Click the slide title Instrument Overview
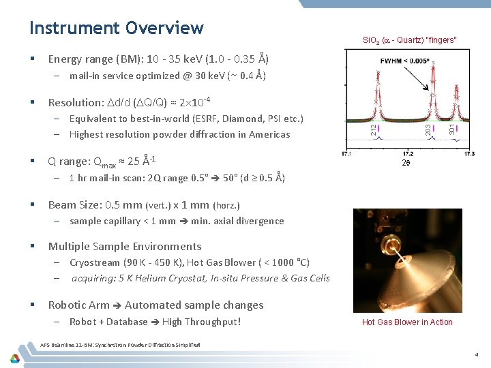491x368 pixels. coord(116,28)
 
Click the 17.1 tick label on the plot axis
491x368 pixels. coord(346,154)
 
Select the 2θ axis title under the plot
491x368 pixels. coord(408,164)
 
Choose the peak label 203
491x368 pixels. coord(428,127)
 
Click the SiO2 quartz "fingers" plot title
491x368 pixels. coord(410,40)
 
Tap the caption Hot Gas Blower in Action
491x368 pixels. coord(407,322)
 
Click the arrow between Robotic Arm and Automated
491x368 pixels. coord(116,305)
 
